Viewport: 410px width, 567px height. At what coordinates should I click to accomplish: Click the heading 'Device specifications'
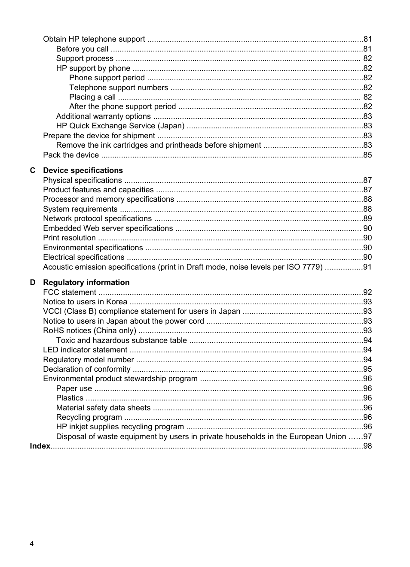click(x=83, y=170)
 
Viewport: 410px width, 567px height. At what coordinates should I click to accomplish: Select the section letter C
click(x=33, y=170)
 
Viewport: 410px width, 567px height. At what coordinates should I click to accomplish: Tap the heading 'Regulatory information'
click(x=86, y=282)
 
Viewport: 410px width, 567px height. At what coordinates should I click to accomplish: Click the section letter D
click(x=33, y=282)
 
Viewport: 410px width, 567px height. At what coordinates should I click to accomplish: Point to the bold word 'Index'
click(x=40, y=446)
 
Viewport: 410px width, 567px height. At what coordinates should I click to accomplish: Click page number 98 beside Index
click(x=367, y=446)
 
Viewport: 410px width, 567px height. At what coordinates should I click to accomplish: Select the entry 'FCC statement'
click(x=69, y=292)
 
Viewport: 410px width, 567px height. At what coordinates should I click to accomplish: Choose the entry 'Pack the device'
click(x=71, y=155)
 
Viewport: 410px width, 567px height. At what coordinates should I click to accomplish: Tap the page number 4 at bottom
click(x=32, y=544)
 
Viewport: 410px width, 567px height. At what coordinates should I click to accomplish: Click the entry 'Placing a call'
click(x=92, y=97)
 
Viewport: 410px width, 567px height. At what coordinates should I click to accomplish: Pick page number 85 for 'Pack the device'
click(x=367, y=155)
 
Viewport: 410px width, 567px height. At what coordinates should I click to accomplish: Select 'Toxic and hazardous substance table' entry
click(x=121, y=340)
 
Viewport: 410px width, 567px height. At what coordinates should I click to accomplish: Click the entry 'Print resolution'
click(x=69, y=238)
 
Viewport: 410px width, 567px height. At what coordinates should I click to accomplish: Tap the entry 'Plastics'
click(x=70, y=398)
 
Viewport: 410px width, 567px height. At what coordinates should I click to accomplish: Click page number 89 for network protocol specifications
click(x=367, y=218)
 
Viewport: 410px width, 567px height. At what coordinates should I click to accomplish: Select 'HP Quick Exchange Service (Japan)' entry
click(x=120, y=126)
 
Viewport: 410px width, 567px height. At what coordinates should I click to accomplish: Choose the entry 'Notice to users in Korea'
click(x=85, y=302)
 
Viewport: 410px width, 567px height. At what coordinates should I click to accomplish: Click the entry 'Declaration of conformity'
click(x=86, y=369)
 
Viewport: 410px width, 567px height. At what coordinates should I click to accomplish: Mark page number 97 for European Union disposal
click(x=367, y=437)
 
